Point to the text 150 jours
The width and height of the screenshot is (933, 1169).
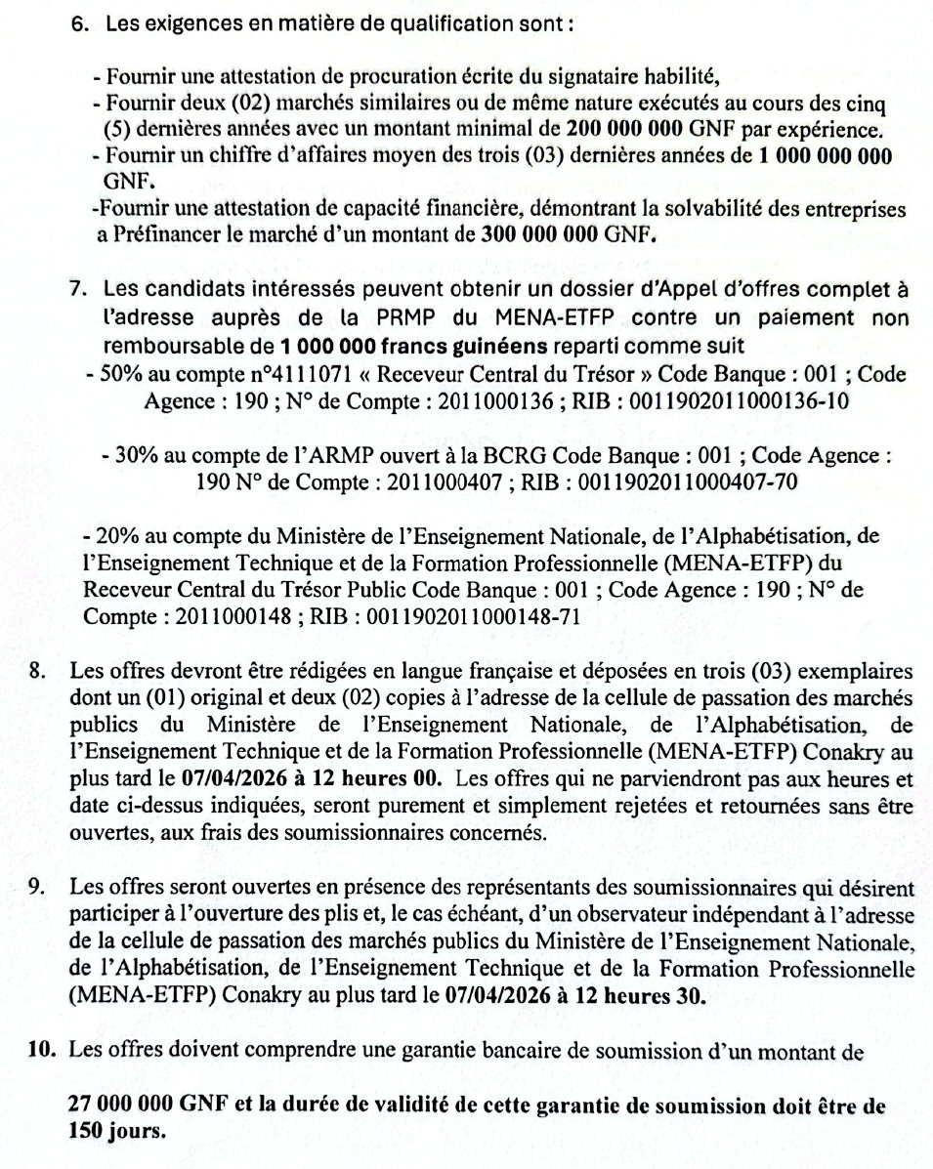pyautogui.click(x=116, y=1132)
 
